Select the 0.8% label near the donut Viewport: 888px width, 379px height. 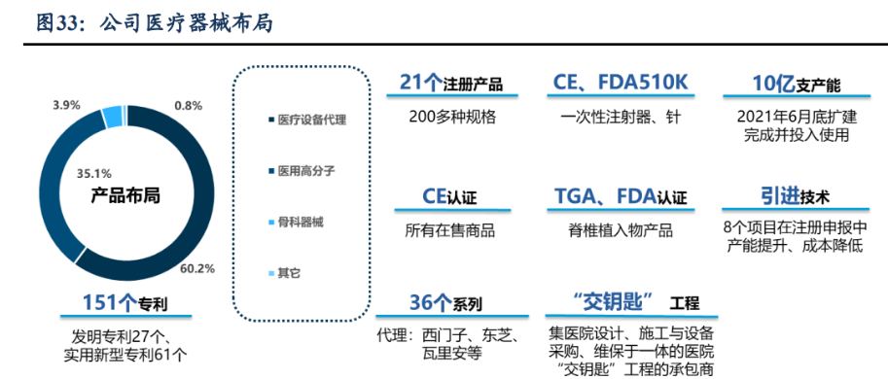click(x=188, y=105)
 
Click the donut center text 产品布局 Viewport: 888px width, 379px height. click(x=125, y=195)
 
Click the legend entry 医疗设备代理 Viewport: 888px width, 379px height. click(x=311, y=121)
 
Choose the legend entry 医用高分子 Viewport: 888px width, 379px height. click(x=306, y=171)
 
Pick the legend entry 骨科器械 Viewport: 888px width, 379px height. click(x=301, y=222)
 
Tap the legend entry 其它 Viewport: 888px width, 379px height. click(x=289, y=273)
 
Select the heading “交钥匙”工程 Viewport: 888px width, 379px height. click(x=623, y=302)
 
